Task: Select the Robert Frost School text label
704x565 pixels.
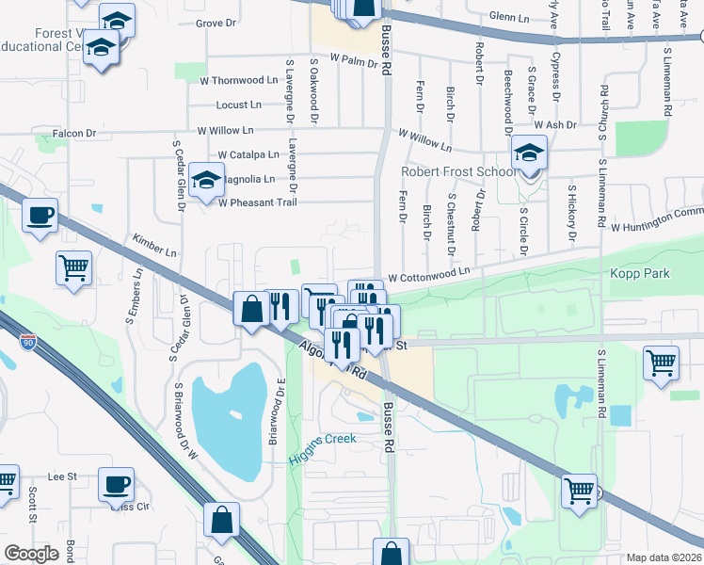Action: click(x=458, y=172)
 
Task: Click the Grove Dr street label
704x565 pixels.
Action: click(x=215, y=23)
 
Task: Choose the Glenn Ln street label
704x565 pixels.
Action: click(x=511, y=17)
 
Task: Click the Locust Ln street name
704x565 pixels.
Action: click(x=238, y=105)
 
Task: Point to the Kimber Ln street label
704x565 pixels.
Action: click(x=155, y=247)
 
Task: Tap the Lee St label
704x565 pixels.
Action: click(x=62, y=477)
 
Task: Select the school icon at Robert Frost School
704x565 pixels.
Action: click(x=529, y=153)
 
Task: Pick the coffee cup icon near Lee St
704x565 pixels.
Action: click(x=116, y=484)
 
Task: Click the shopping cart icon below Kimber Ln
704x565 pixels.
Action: click(x=73, y=268)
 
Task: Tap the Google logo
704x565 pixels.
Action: click(x=32, y=553)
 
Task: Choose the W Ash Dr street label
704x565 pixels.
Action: click(x=554, y=124)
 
